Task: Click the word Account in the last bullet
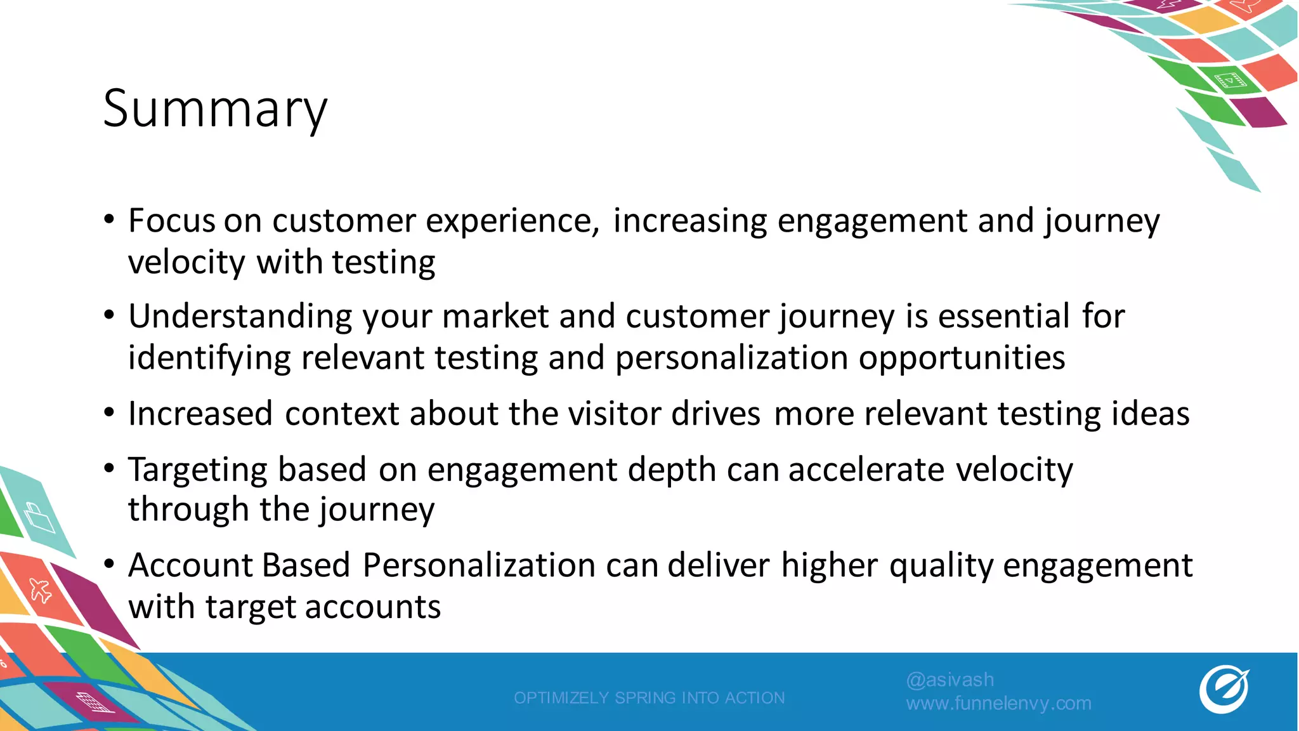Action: (x=189, y=565)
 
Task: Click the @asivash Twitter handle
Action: (x=950, y=680)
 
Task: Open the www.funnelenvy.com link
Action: (x=998, y=703)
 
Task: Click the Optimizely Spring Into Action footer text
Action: (x=649, y=698)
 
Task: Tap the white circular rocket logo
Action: (x=1224, y=690)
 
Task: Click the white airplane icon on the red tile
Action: (x=41, y=591)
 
